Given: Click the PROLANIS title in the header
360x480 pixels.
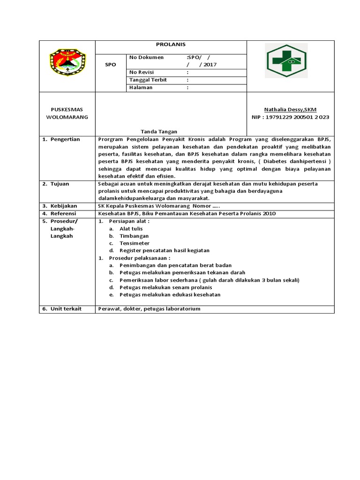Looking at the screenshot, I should pos(171,44).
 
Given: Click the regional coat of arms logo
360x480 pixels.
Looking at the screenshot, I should pos(68,63).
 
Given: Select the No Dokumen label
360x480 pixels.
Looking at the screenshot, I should pos(147,57).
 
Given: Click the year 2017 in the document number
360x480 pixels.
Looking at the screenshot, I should pos(208,65).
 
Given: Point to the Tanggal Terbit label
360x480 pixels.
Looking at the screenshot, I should pos(148,80).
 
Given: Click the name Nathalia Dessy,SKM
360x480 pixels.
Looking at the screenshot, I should pos(290,109).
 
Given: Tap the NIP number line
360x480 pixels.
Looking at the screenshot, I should pos(290,117).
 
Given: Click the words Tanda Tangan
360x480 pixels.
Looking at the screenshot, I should pos(159,132).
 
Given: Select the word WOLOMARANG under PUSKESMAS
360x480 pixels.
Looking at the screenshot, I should pos(67,117).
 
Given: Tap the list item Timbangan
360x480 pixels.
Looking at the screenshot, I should pos(134,236).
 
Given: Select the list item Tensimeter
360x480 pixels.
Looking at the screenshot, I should pos(135,243).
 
